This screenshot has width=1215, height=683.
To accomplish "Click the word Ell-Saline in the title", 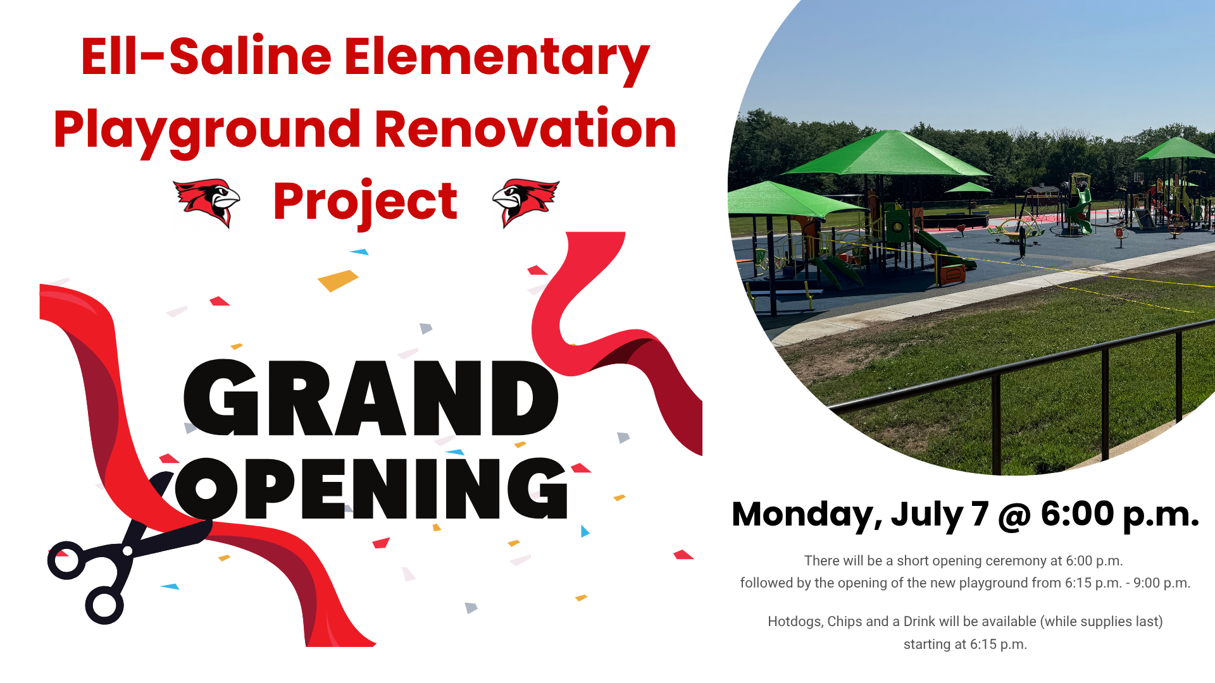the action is click(x=206, y=57).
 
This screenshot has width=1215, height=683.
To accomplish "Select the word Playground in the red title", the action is click(x=207, y=132).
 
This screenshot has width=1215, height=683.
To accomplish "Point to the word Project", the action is click(x=365, y=203).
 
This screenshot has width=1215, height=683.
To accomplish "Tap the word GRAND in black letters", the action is click(x=371, y=398).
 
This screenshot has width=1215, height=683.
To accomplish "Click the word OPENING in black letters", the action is click(x=371, y=488).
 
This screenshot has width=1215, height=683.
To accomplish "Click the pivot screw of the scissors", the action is click(x=128, y=551).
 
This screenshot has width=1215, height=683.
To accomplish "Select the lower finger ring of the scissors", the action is click(x=104, y=605).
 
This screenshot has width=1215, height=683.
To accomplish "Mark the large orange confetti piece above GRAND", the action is click(x=338, y=280).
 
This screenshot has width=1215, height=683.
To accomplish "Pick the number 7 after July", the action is click(x=980, y=514).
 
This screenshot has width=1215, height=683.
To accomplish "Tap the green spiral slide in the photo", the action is click(x=1079, y=209).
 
